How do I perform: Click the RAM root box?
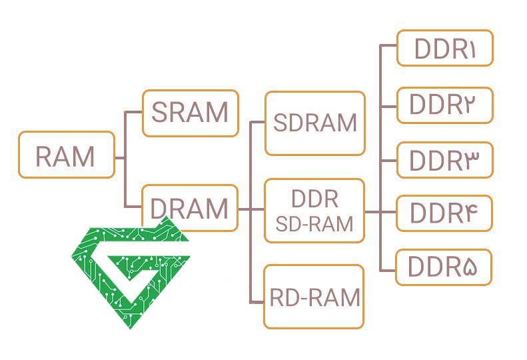point(66,155)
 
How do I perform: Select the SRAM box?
point(190,113)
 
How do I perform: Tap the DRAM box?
point(190,209)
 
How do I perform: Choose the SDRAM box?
point(314,123)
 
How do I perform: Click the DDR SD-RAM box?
point(314,211)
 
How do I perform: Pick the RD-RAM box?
point(314,297)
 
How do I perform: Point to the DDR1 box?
point(444,49)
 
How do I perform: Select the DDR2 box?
point(444,105)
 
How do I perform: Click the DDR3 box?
point(444,160)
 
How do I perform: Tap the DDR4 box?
point(444,213)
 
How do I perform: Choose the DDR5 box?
point(444,267)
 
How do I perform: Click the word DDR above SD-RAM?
point(314,199)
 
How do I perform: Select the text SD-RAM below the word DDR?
point(314,223)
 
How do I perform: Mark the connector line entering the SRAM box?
point(135,113)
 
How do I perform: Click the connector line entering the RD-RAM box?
point(257,302)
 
